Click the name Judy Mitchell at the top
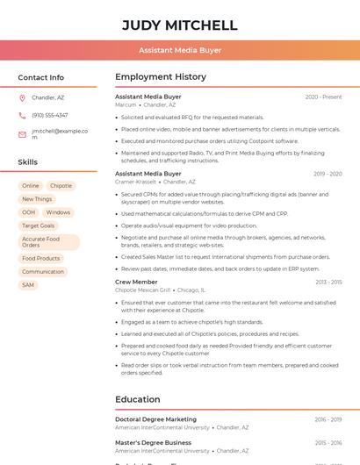click(180, 25)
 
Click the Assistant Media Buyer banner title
click(180, 51)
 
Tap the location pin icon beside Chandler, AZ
click(22, 97)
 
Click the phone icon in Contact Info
click(22, 115)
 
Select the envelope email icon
click(22, 134)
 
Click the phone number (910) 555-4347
click(50, 115)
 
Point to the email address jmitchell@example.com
click(60, 133)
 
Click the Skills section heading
click(28, 162)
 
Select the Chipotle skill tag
click(61, 186)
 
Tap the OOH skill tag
click(29, 212)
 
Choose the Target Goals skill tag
click(38, 225)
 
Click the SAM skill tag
click(28, 285)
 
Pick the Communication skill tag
click(43, 272)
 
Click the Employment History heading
click(161, 77)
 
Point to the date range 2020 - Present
click(323, 97)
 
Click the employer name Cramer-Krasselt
click(135, 182)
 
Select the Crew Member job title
click(136, 282)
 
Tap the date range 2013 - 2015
click(328, 283)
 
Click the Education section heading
click(138, 399)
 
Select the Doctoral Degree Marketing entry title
click(155, 419)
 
